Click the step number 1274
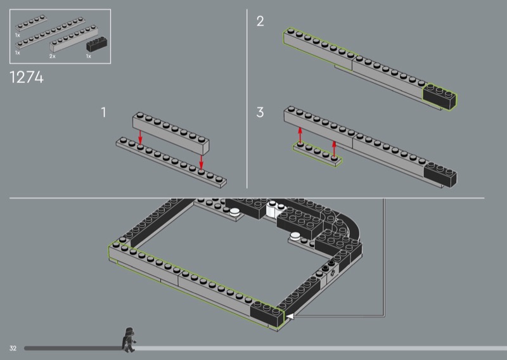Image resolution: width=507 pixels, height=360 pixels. point(27,77)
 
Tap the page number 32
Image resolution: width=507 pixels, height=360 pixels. point(13,348)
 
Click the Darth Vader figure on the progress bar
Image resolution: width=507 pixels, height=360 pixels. point(129,340)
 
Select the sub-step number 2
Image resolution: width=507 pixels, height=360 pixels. point(260,22)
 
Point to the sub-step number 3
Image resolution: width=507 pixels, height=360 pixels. point(260,112)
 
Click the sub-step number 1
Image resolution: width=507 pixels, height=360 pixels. point(103,112)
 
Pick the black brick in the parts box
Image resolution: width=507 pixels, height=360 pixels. point(97,44)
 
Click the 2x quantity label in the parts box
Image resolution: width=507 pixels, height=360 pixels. point(53,56)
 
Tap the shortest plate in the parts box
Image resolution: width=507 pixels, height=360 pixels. point(31,23)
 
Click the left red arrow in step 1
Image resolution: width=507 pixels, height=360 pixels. point(140,137)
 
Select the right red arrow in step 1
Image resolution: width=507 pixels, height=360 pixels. point(201,162)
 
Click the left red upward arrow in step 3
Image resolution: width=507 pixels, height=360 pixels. point(300,135)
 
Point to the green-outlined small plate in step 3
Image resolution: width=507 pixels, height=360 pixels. point(318,155)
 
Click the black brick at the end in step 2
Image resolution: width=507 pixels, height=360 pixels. point(440,96)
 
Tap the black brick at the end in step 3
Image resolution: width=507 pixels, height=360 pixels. point(440,175)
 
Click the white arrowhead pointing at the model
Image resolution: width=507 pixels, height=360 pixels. point(290,316)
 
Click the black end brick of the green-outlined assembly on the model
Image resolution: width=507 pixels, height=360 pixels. point(267,314)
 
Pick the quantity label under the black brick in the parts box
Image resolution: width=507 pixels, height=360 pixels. point(89,56)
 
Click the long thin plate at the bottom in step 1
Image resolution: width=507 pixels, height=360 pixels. point(171,162)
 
